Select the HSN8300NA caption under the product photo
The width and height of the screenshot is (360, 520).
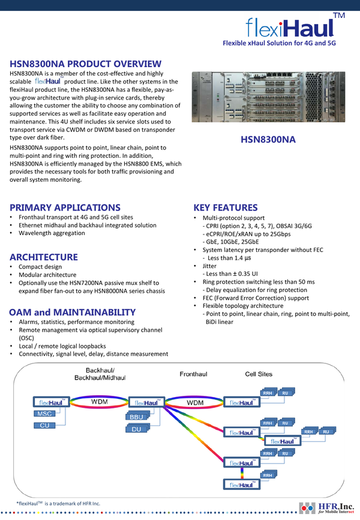[x=268, y=140]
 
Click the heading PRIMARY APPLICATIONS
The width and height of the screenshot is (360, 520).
[x=65, y=208]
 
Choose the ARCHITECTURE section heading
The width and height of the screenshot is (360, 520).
[x=44, y=257]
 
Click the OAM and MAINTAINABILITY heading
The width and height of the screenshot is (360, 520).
[x=72, y=312]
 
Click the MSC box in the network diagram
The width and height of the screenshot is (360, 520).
[x=45, y=414]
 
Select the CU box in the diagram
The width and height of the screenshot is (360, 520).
[x=45, y=425]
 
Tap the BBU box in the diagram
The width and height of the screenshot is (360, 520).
[x=136, y=417]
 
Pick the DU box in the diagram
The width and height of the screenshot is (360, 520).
[x=136, y=429]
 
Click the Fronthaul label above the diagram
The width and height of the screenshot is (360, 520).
[x=193, y=374]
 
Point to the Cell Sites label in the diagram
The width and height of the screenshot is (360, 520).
[x=259, y=374]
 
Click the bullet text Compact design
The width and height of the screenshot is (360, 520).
[x=40, y=267]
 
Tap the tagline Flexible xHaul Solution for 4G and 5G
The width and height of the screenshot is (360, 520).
[x=278, y=44]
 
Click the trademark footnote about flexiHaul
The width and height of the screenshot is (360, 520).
[x=58, y=503]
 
